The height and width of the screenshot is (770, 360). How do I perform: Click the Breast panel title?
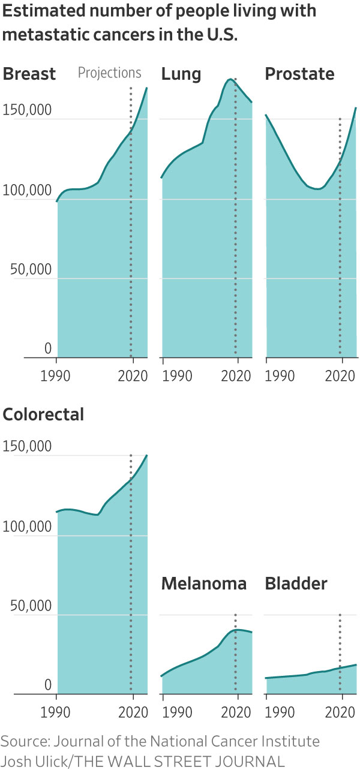click(29, 74)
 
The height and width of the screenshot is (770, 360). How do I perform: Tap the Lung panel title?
click(181, 74)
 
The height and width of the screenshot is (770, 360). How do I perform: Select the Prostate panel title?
click(299, 74)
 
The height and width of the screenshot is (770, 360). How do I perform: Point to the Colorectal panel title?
click(44, 414)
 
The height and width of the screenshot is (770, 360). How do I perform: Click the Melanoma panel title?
click(204, 584)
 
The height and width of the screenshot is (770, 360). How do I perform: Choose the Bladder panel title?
click(296, 584)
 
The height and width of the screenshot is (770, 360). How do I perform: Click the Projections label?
click(110, 73)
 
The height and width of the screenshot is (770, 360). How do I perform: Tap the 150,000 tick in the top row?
click(28, 111)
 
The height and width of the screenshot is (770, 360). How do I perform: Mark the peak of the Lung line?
click(230, 79)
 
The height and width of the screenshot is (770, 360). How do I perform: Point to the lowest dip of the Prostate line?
click(318, 189)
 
